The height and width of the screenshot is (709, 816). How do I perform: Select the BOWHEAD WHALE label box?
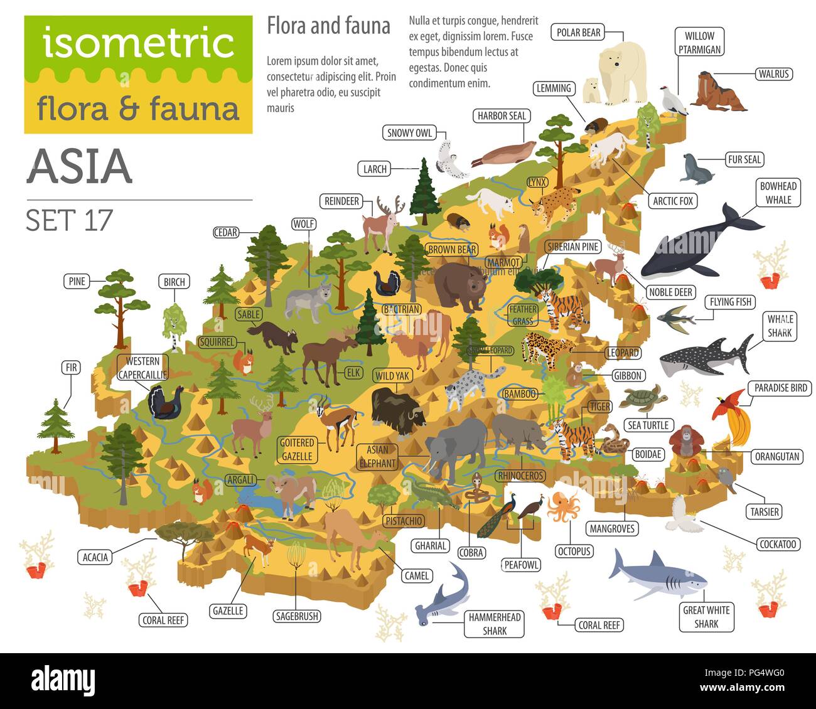pyautogui.click(x=778, y=193)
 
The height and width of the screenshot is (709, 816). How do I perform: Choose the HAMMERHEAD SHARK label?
pyautogui.click(x=494, y=624)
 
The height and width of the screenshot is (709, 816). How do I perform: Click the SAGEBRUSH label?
pyautogui.click(x=297, y=616)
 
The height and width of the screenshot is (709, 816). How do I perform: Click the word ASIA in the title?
pyautogui.click(x=80, y=166)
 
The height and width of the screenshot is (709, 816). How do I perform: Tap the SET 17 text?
pyautogui.click(x=69, y=220)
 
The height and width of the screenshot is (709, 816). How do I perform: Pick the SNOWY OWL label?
pyautogui.click(x=409, y=132)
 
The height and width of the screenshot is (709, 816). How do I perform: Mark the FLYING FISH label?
pyautogui.click(x=731, y=302)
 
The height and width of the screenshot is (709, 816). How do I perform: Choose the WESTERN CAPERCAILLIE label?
pyautogui.click(x=142, y=368)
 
